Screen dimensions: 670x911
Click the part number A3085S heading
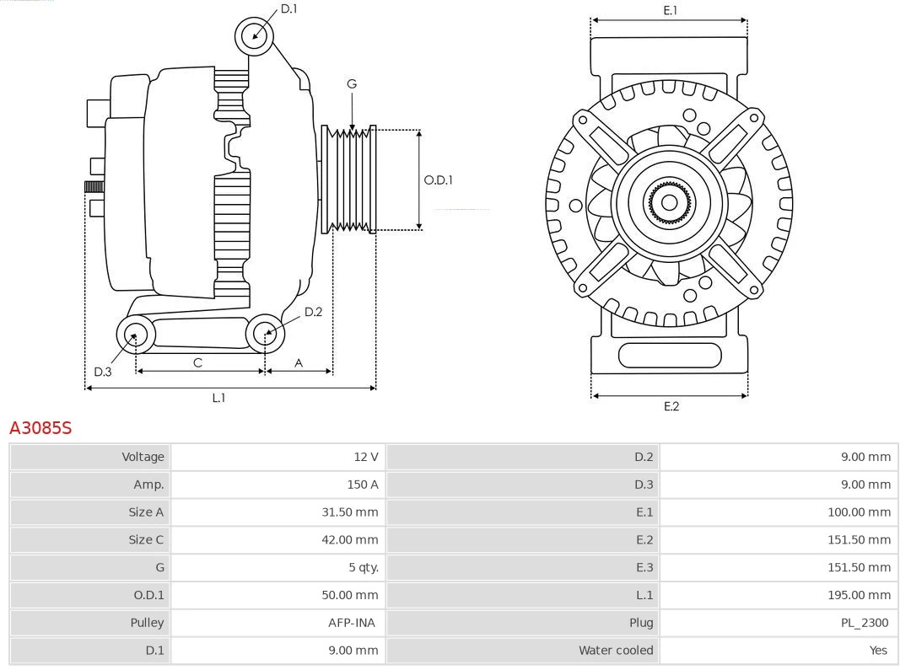40,428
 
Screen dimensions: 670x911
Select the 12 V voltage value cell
365,457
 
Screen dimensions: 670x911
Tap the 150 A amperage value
362,485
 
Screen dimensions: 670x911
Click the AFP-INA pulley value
352,623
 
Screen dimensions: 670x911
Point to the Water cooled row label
615,651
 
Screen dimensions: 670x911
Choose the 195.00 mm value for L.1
859,595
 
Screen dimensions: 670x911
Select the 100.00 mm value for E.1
859,512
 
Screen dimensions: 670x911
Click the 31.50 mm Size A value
349,512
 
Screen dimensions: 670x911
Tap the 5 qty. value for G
363,567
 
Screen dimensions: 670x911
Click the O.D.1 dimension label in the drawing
438,180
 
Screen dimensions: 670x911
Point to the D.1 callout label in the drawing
288,9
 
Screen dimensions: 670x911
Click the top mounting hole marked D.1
254,35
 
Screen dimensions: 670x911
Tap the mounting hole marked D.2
266,335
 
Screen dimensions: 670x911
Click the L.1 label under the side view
218,398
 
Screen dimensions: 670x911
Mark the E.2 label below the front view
671,406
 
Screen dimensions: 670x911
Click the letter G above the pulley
351,83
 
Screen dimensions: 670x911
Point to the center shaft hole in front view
669,202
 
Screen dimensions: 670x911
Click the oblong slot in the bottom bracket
669,356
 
